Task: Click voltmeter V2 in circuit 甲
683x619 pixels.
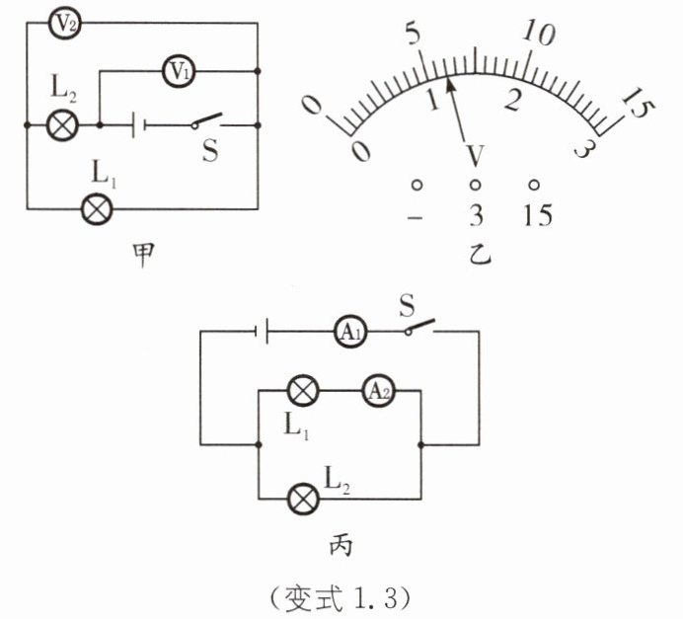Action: point(64,24)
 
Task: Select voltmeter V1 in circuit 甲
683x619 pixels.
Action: point(179,71)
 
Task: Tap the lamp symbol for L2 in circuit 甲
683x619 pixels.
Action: point(63,125)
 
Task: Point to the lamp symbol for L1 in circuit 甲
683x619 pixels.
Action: point(97,209)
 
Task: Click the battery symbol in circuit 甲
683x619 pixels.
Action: point(139,125)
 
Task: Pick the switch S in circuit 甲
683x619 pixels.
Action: point(206,121)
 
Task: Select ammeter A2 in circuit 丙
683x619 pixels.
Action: point(379,391)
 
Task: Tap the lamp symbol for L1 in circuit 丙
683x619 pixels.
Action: point(303,391)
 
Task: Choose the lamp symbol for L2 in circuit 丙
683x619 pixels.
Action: point(304,499)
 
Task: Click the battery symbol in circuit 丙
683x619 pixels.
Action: point(262,332)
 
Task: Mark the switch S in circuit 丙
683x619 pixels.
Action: point(419,327)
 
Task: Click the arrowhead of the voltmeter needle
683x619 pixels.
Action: point(451,84)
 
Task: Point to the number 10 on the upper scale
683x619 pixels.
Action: point(539,34)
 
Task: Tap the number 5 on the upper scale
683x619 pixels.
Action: point(414,34)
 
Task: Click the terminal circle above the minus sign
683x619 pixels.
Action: point(417,186)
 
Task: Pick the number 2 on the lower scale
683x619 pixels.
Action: point(513,100)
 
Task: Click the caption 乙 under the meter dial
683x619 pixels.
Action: point(480,254)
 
